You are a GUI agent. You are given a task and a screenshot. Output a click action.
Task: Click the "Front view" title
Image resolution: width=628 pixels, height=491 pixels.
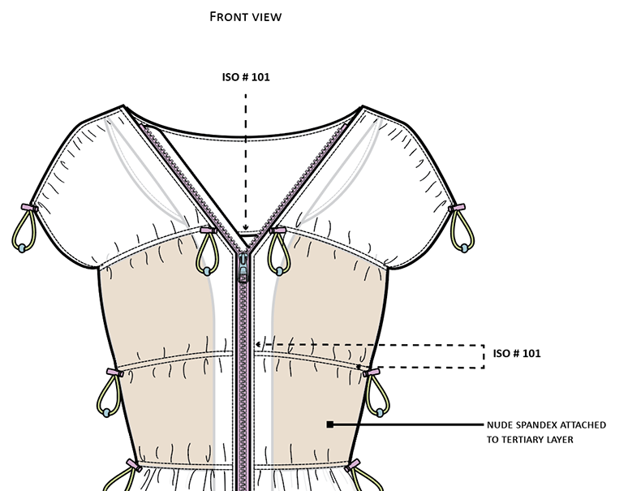(245, 16)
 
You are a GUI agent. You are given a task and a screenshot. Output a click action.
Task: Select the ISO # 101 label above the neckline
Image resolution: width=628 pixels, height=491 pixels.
(245, 78)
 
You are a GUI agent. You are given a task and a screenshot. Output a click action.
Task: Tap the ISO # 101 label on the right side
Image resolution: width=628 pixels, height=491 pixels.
(517, 354)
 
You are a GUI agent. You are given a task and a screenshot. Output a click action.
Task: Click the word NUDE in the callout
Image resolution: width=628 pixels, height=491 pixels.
(502, 424)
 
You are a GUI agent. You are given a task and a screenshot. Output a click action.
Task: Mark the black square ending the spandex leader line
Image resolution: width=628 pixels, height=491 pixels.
(329, 424)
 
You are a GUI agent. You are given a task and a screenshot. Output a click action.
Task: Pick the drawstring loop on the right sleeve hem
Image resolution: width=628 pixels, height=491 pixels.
(464, 230)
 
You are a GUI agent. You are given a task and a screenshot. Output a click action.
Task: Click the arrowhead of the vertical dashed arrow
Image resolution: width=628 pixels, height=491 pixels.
(245, 231)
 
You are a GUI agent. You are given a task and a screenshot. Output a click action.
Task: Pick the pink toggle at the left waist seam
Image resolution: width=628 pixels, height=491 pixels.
(112, 372)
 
